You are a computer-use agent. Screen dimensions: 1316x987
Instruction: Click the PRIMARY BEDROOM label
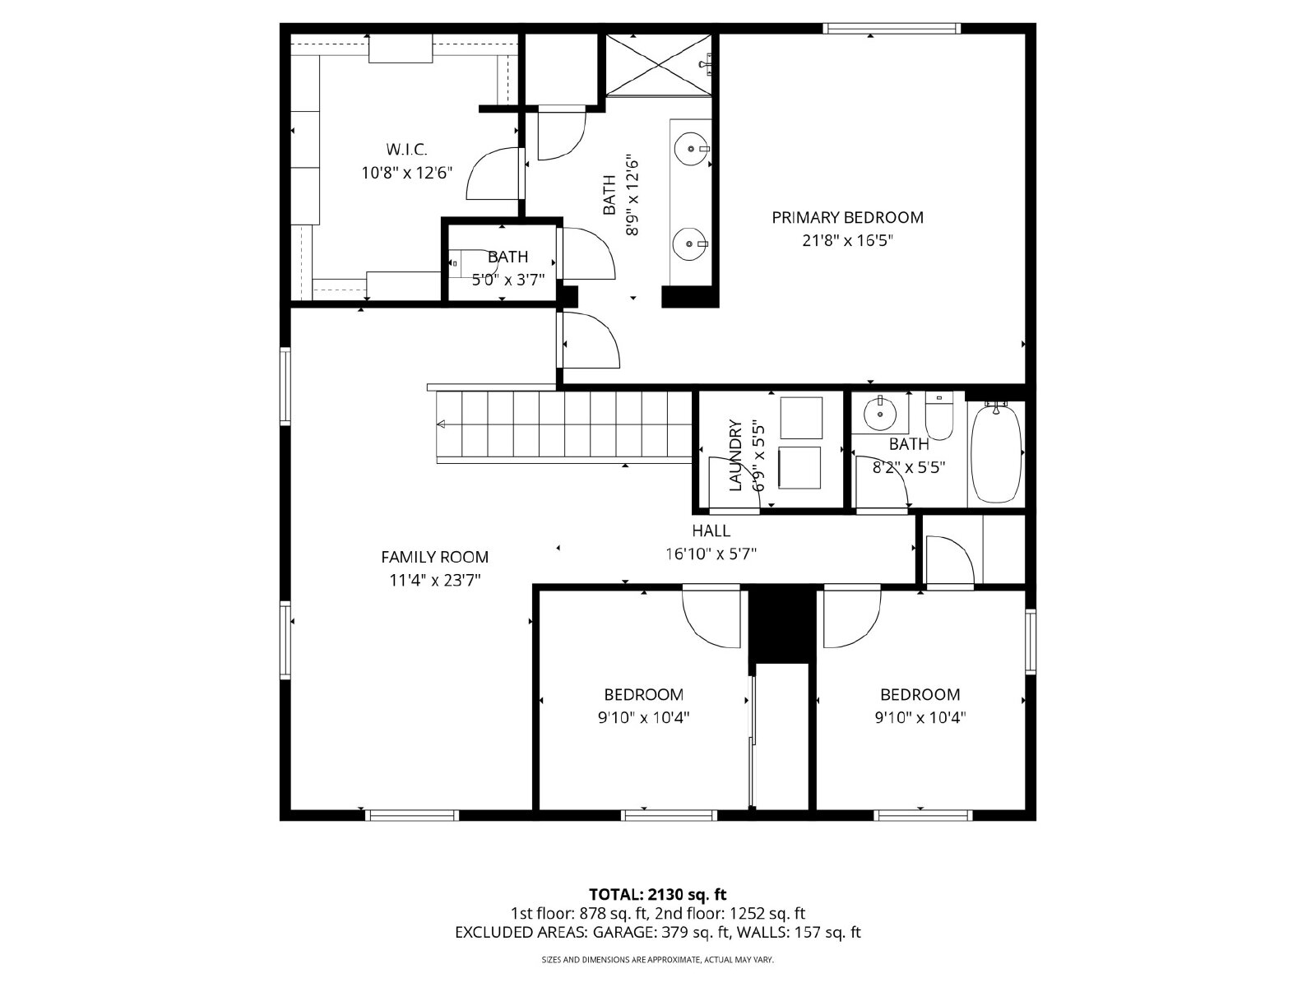[847, 217]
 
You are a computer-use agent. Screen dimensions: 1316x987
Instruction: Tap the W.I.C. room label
[406, 149]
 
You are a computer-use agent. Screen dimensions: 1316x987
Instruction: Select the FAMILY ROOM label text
[434, 558]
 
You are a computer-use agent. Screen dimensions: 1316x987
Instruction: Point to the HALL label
[711, 531]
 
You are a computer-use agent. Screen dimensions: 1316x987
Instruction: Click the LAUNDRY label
[735, 456]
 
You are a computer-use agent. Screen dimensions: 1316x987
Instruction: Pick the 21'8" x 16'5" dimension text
[848, 241]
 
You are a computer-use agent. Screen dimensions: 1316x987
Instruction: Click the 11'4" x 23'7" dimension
[435, 580]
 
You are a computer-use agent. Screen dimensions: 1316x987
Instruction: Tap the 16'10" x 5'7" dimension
[711, 554]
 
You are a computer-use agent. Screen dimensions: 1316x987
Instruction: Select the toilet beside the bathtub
[939, 415]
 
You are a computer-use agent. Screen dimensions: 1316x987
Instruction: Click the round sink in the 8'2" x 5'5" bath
[880, 414]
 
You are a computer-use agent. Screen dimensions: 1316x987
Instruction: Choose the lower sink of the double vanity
[690, 244]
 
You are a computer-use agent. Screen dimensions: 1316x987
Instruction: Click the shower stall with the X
[658, 64]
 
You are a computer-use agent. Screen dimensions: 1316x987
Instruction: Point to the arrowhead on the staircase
[441, 424]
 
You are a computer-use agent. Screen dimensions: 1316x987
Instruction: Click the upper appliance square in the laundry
[801, 418]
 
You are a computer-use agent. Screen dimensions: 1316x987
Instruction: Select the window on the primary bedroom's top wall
[892, 28]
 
